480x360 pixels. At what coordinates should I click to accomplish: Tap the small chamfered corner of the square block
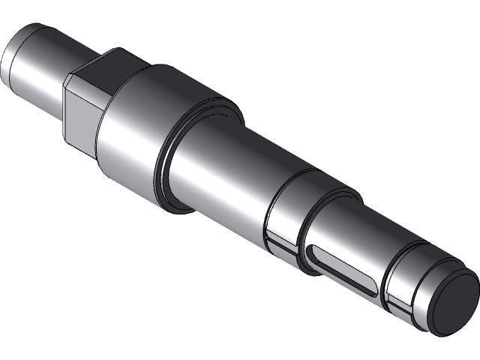pos(68,79)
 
